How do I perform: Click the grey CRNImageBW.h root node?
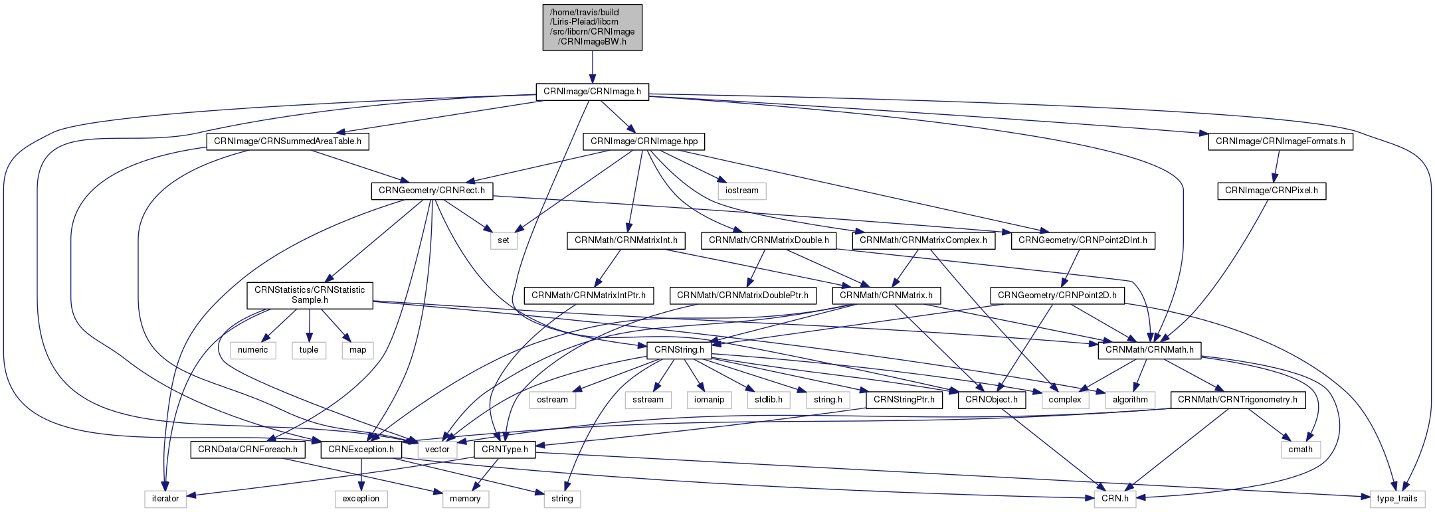pos(592,27)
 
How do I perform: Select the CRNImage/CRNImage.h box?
pos(592,92)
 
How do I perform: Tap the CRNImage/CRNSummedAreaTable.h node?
pos(288,141)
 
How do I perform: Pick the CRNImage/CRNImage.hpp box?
pos(644,141)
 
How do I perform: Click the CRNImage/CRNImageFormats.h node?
pos(1280,141)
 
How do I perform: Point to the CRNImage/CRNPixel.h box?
pos(1272,191)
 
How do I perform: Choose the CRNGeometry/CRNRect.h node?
pos(432,191)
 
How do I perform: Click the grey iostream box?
pos(742,191)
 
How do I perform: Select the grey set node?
pos(504,240)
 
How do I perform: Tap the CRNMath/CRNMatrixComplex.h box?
pos(923,240)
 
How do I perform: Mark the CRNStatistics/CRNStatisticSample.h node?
pos(310,295)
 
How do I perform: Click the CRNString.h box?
pos(679,349)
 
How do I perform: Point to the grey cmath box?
pos(1300,450)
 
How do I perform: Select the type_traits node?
pos(1396,499)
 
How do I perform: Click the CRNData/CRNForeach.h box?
pos(248,450)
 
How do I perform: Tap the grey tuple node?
pos(309,350)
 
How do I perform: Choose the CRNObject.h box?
pos(991,400)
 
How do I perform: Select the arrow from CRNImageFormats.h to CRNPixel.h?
pos(1276,166)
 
